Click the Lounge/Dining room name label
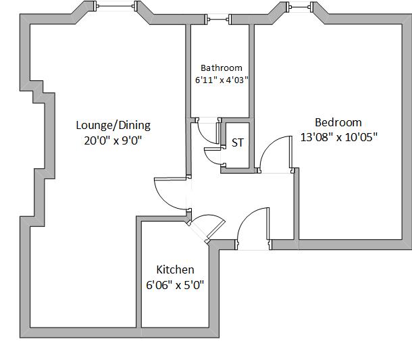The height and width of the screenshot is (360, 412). (x=113, y=125)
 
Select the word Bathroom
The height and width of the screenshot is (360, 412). (x=221, y=68)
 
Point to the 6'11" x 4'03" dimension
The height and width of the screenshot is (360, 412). (x=221, y=80)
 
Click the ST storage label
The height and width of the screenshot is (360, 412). (x=237, y=143)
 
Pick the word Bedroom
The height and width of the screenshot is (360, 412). (x=338, y=122)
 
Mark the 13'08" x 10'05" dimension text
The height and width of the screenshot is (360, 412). (x=338, y=136)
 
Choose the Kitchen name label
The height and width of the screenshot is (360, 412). (x=175, y=269)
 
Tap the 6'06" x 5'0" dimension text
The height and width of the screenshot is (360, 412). (x=175, y=284)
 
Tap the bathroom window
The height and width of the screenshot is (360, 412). (x=220, y=20)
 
